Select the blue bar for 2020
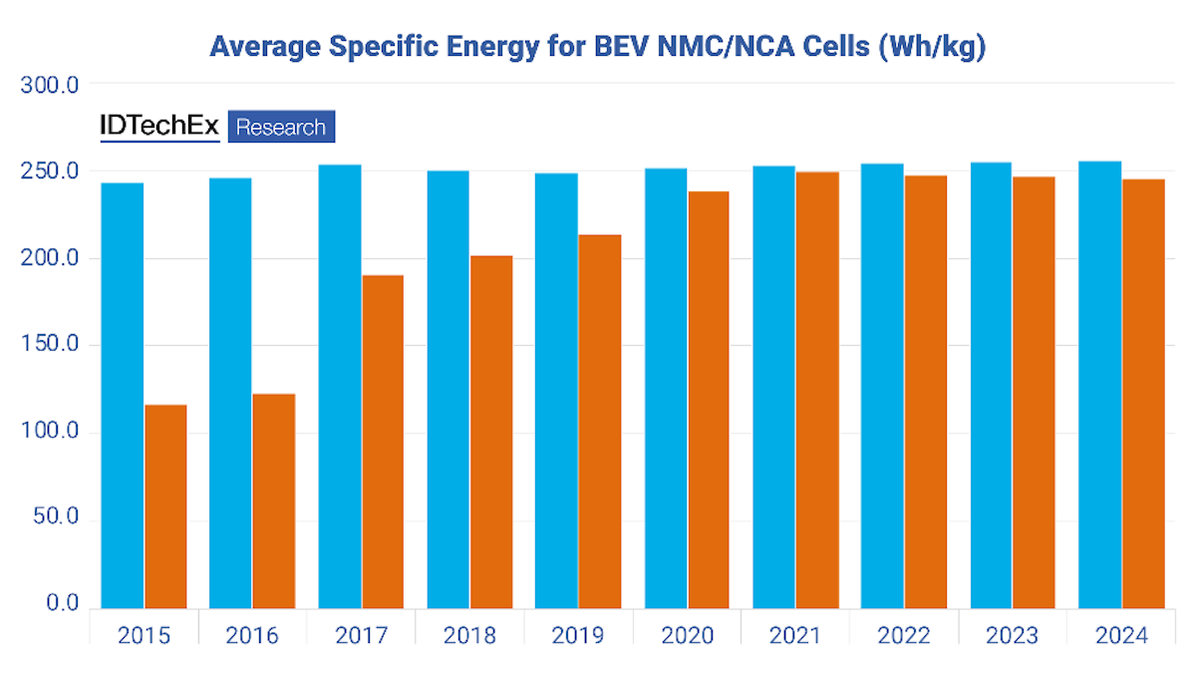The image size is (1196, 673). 666,388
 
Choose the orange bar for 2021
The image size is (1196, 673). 817,390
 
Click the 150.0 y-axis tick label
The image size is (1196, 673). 50,346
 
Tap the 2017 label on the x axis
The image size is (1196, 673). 361,636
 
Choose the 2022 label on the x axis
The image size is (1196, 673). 903,636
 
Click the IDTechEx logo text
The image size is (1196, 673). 159,127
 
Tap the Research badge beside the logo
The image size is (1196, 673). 281,127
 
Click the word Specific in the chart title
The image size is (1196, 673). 385,46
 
